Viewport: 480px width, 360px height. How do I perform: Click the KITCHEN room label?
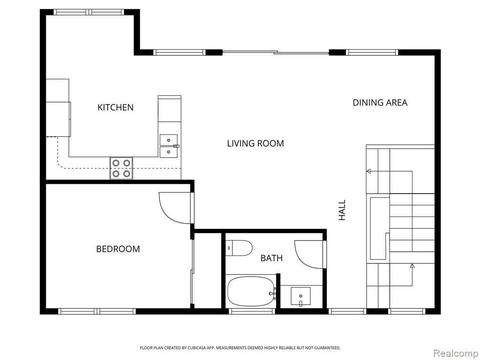(115, 107)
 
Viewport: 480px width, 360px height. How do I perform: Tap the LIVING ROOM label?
(255, 143)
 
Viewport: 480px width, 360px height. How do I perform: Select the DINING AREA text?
(380, 103)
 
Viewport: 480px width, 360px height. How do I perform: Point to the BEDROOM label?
(118, 249)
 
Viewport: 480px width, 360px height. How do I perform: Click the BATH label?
(271, 258)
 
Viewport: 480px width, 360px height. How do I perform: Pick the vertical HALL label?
(342, 210)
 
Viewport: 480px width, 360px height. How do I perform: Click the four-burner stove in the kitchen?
(121, 168)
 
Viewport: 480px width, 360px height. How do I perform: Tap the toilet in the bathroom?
(239, 248)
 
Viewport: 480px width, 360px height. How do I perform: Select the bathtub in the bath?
(251, 292)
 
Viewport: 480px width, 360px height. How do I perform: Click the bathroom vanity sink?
(300, 297)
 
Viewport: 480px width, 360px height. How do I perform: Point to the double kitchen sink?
(169, 146)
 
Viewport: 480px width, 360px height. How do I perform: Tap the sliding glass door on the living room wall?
(276, 52)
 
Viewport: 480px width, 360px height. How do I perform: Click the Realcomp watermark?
(456, 353)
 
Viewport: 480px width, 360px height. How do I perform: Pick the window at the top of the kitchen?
(89, 12)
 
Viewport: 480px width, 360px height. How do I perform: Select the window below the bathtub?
(252, 311)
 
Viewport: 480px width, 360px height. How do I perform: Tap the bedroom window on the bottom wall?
(97, 311)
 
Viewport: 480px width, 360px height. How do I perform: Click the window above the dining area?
(372, 52)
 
